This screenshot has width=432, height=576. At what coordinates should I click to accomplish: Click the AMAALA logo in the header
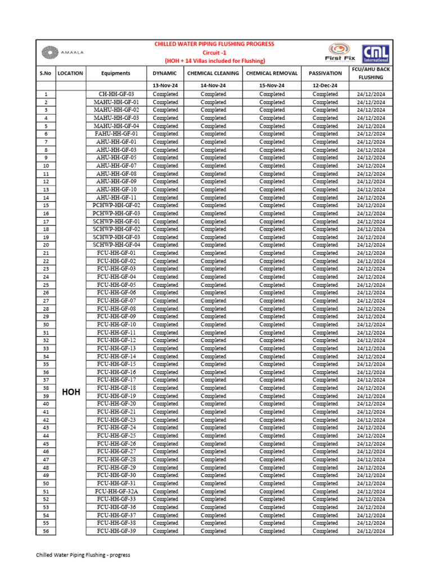pyautogui.click(x=61, y=53)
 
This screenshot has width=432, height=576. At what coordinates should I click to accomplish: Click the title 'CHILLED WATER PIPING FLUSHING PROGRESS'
pyautogui.click(x=214, y=44)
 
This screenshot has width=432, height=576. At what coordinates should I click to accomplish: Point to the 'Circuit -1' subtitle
pyautogui.click(x=214, y=52)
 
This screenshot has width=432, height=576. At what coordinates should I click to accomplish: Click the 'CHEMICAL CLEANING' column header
pyautogui.click(x=213, y=73)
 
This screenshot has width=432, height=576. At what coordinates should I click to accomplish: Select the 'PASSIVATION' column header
pyautogui.click(x=325, y=73)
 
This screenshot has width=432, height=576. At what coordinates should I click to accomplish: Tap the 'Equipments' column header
pyautogui.click(x=116, y=73)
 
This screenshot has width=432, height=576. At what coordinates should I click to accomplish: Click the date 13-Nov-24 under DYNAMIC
pyautogui.click(x=165, y=85)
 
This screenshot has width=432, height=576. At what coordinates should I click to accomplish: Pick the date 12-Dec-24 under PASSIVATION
pyautogui.click(x=325, y=85)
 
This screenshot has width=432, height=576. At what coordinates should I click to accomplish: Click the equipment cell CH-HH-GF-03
pyautogui.click(x=116, y=94)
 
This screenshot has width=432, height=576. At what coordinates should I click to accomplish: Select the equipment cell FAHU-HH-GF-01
pyautogui.click(x=116, y=134)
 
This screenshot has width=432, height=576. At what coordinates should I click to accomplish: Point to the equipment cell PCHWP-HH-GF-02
pyautogui.click(x=116, y=205)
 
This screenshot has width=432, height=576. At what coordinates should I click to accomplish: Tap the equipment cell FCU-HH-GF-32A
pyautogui.click(x=116, y=491)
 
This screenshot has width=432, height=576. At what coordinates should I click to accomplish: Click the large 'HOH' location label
pyautogui.click(x=71, y=392)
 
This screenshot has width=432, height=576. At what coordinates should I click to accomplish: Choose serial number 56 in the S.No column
pyautogui.click(x=46, y=531)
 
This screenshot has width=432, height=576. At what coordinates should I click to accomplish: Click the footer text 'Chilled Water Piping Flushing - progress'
pyautogui.click(x=83, y=555)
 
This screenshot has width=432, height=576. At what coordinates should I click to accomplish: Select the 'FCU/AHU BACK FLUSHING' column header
pyautogui.click(x=371, y=73)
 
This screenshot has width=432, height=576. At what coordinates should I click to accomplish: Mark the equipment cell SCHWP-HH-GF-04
pyautogui.click(x=116, y=245)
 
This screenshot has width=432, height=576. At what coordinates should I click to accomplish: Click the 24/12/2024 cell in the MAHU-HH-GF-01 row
pyautogui.click(x=371, y=102)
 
